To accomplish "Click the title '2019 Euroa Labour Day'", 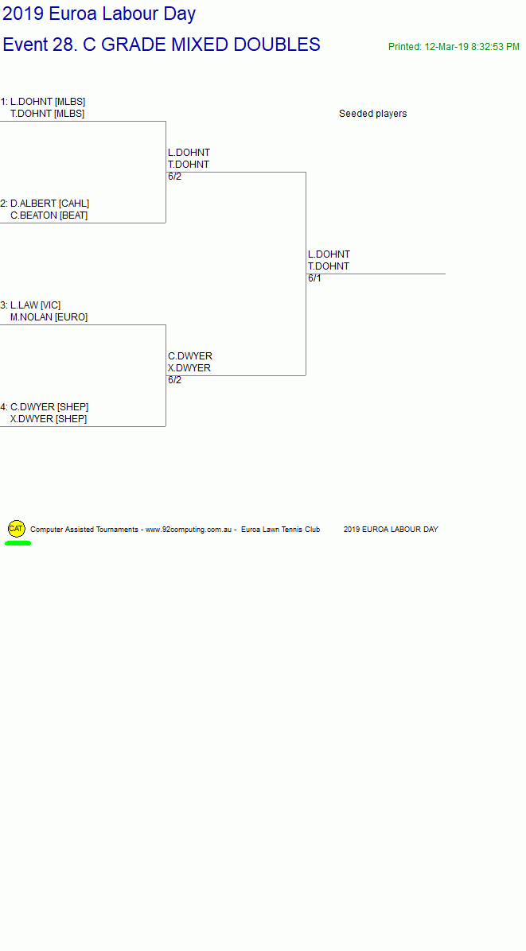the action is [99, 14].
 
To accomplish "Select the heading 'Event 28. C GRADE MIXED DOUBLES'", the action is [162, 45].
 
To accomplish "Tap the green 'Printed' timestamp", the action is [454, 47].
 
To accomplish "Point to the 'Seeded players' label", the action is [372, 114].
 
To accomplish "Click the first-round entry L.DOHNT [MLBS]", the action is [48, 101].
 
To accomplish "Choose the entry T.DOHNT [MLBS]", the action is [47, 114].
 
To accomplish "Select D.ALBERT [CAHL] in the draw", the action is [50, 204].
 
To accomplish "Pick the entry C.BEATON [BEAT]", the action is [49, 215].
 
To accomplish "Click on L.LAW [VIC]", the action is [35, 305].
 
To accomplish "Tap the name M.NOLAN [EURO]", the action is [49, 317].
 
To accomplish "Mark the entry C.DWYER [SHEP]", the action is [49, 407].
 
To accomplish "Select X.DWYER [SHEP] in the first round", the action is [49, 419].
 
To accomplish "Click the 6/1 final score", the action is [314, 278].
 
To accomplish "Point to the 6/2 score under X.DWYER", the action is [175, 380].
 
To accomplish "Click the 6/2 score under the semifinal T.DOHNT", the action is [175, 177].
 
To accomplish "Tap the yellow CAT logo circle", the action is [17, 528].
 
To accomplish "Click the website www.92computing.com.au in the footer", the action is [189, 530].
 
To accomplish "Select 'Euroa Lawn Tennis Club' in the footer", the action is [280, 530].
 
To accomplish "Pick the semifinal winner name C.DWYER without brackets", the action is [190, 356].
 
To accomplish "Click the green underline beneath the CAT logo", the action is [18, 543].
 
